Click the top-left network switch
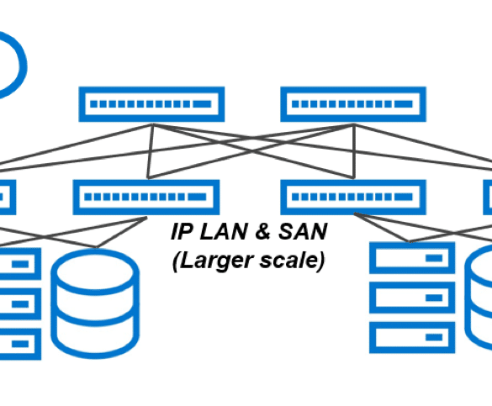point(151,104)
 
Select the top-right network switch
point(353,104)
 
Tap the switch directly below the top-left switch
point(145,198)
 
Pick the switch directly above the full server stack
point(353,198)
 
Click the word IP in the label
point(182,231)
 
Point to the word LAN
point(224,231)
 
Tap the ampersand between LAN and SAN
point(262,231)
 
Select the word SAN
point(303,231)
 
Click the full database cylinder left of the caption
point(95,303)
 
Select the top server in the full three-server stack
point(412,258)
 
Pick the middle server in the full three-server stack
point(412,298)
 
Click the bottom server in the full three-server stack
point(412,337)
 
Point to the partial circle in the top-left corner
point(24,66)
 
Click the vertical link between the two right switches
point(354,151)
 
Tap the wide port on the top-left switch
point(202,104)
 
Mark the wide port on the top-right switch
point(403,104)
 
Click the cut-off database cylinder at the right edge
point(468,298)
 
